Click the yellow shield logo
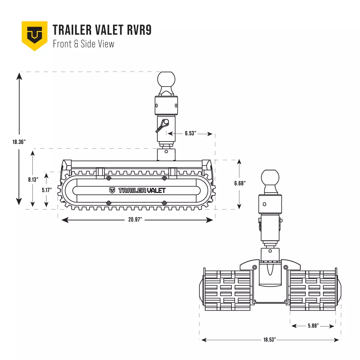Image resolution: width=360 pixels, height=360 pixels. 35,36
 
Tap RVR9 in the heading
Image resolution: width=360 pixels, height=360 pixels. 139,30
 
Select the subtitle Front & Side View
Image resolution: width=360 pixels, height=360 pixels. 84,44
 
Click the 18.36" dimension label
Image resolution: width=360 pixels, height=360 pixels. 19,142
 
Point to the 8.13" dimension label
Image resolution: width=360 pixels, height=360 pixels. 33,180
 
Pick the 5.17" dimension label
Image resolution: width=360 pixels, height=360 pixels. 46,190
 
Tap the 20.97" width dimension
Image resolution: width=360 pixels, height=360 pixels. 135,220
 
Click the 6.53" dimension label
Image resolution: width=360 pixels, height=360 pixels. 190,134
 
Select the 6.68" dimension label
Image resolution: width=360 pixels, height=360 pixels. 240,183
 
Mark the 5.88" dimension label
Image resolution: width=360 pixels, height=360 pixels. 314,325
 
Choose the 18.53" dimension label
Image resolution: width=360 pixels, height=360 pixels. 270,339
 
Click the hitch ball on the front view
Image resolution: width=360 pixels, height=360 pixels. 166,80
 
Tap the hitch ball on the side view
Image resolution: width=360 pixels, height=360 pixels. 270,178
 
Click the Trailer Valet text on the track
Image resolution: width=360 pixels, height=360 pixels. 137,190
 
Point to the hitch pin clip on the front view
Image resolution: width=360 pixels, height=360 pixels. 162,126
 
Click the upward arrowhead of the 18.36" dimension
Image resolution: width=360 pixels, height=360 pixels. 19,76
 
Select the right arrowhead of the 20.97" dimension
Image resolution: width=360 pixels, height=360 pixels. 209,220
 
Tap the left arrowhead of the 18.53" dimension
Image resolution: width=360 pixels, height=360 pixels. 204,340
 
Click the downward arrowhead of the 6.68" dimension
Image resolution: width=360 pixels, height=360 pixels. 239,206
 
